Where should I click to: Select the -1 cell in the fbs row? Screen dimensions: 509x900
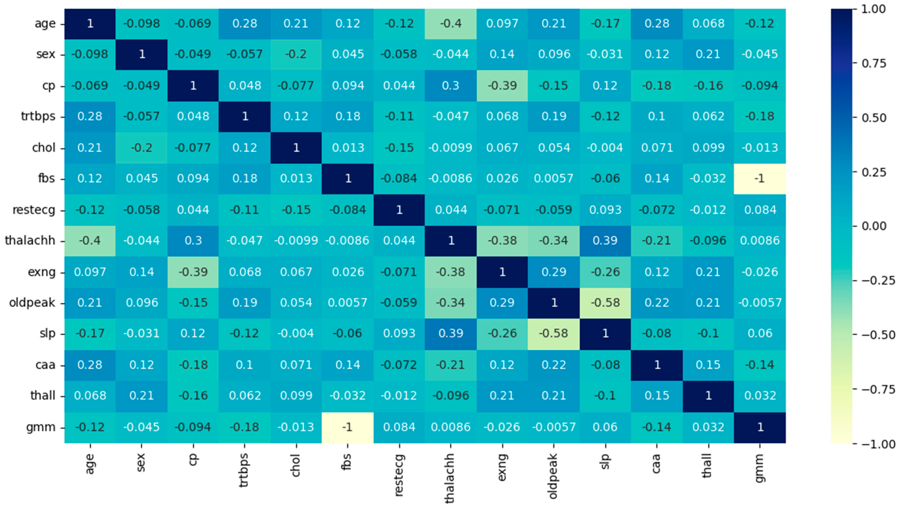coord(760,179)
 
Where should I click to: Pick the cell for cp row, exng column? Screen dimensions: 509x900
coord(502,86)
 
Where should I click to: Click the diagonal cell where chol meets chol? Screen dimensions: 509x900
coord(296,148)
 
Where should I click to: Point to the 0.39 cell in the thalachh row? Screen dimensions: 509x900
coord(605,240)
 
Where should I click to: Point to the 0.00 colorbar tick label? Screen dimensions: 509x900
coord(874,226)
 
